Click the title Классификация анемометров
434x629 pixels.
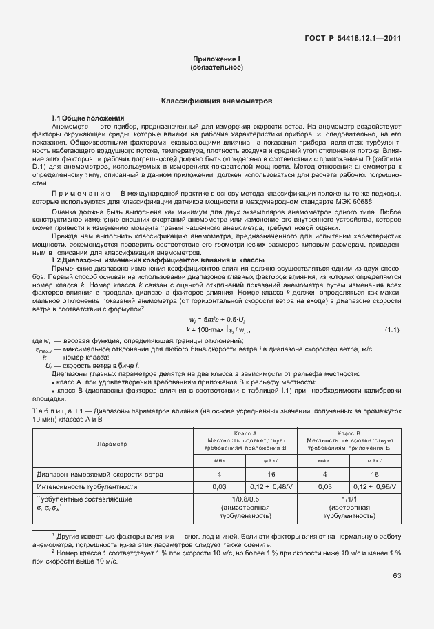coord(216,101)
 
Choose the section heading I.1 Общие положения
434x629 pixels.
coord(88,118)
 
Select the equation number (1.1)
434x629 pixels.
coord(392,331)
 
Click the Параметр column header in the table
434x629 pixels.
coord(112,444)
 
